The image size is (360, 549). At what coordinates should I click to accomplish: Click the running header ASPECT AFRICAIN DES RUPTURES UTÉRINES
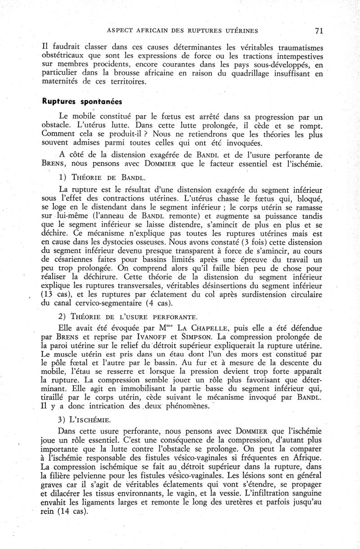pos(183,31)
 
